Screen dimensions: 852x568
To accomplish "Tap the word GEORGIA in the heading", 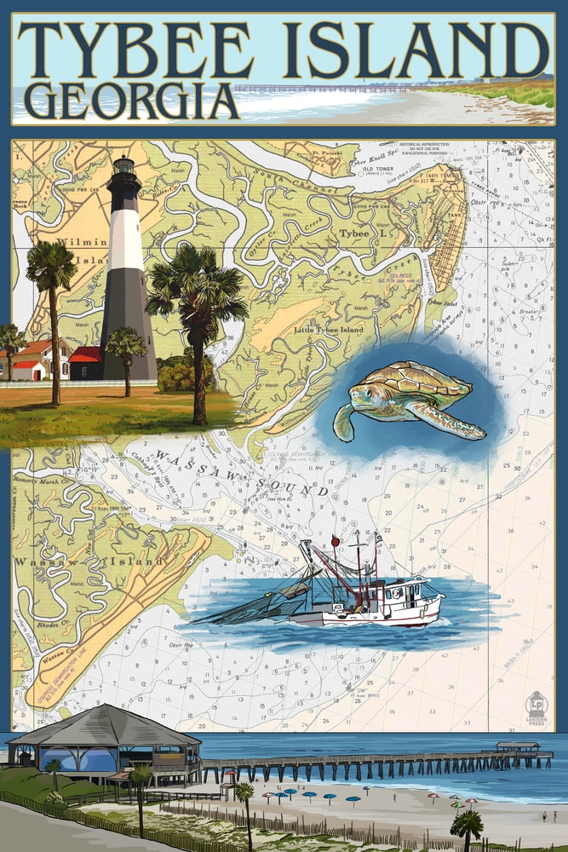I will pos(130,101).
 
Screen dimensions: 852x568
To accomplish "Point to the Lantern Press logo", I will pos(536,707).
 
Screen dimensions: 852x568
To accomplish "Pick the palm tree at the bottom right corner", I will pos(467,828).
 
